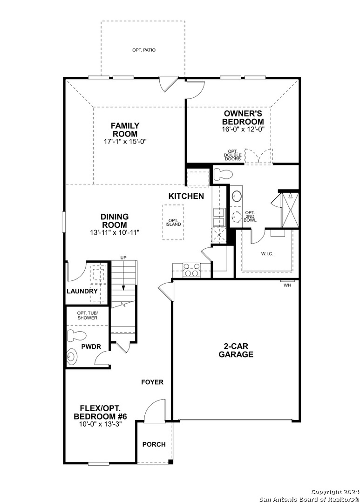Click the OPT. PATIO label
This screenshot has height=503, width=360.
click(144, 50)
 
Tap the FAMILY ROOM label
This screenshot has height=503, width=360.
click(125, 129)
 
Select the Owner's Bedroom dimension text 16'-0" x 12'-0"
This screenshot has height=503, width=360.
click(243, 129)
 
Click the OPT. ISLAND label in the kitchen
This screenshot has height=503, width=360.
click(173, 222)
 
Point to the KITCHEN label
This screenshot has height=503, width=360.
click(186, 197)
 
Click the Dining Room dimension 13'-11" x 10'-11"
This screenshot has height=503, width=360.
click(115, 232)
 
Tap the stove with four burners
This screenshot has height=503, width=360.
click(191, 270)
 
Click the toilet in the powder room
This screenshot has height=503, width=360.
click(76, 335)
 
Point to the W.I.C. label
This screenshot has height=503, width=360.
click(267, 254)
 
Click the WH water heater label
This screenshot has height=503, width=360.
click(287, 285)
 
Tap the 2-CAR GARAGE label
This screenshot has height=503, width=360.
click(236, 350)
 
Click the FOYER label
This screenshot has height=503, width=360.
click(152, 382)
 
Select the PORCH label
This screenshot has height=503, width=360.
click(154, 444)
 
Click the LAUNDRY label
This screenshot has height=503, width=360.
click(82, 291)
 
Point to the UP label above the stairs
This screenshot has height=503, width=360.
click(123, 258)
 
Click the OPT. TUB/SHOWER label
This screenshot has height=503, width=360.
click(87, 315)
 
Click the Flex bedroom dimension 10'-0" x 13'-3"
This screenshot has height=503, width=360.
click(101, 424)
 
